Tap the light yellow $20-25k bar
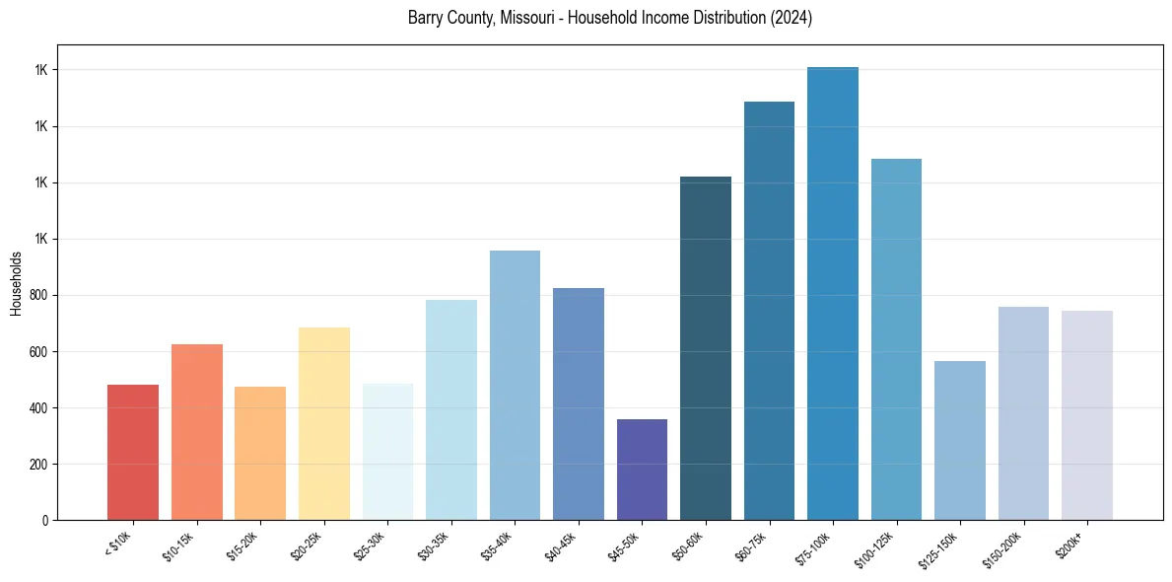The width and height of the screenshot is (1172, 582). point(323,423)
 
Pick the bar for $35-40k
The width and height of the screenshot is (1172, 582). point(515,385)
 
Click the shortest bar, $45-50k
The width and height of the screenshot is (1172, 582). point(642,470)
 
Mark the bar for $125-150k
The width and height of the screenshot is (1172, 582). point(960,440)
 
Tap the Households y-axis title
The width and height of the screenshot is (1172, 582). point(17,283)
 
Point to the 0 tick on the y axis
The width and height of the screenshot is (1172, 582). point(44,520)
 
